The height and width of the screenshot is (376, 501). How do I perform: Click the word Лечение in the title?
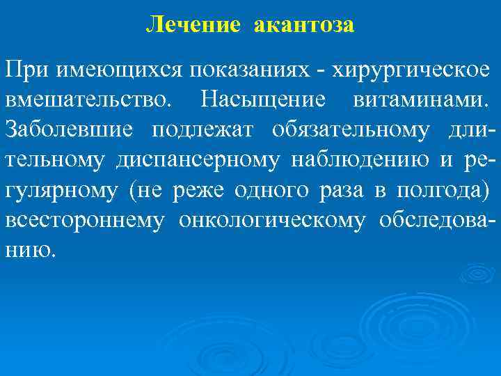[x=193, y=26]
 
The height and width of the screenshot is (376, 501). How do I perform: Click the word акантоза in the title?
[x=304, y=26]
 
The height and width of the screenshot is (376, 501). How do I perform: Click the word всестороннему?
[x=84, y=221]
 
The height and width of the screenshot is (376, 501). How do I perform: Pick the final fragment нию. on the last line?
[x=29, y=250]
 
